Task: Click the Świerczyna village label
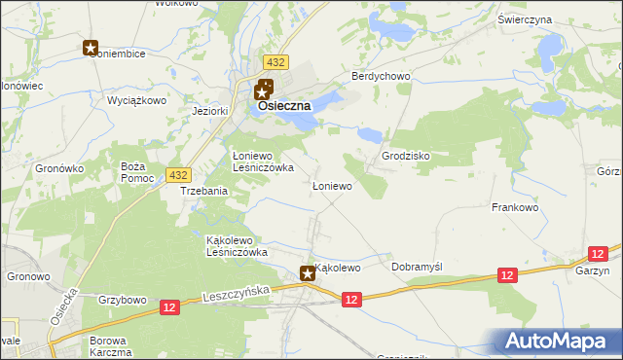pyautogui.click(x=552, y=19)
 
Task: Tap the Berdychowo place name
pyautogui.click(x=383, y=76)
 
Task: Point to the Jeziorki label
pyautogui.click(x=210, y=111)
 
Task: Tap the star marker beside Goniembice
pyautogui.click(x=91, y=47)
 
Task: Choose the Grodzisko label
pyautogui.click(x=406, y=156)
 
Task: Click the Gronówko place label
pyautogui.click(x=61, y=168)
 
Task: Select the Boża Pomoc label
pyautogui.click(x=132, y=172)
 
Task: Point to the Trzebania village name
pyautogui.click(x=204, y=192)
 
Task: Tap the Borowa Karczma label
pyautogui.click(x=110, y=346)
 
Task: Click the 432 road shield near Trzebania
pyautogui.click(x=177, y=174)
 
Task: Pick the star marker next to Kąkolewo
pyautogui.click(x=308, y=274)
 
